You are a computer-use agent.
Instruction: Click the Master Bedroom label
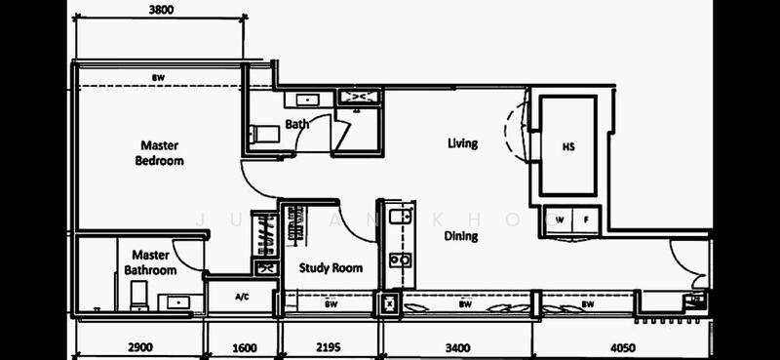(x=160, y=153)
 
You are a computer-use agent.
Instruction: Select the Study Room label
(x=331, y=268)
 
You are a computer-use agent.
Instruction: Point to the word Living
(x=462, y=144)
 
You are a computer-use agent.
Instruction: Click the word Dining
(x=461, y=236)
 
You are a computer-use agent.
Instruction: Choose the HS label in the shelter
(x=568, y=146)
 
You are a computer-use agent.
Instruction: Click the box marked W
(x=560, y=220)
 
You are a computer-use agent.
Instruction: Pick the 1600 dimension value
(x=243, y=345)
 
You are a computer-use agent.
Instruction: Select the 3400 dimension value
(x=457, y=345)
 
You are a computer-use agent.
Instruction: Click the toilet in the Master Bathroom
(x=138, y=296)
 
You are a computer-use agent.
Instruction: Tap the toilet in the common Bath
(x=262, y=134)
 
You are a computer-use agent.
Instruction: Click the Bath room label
(x=297, y=124)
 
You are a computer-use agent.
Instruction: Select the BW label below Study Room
(x=330, y=304)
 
